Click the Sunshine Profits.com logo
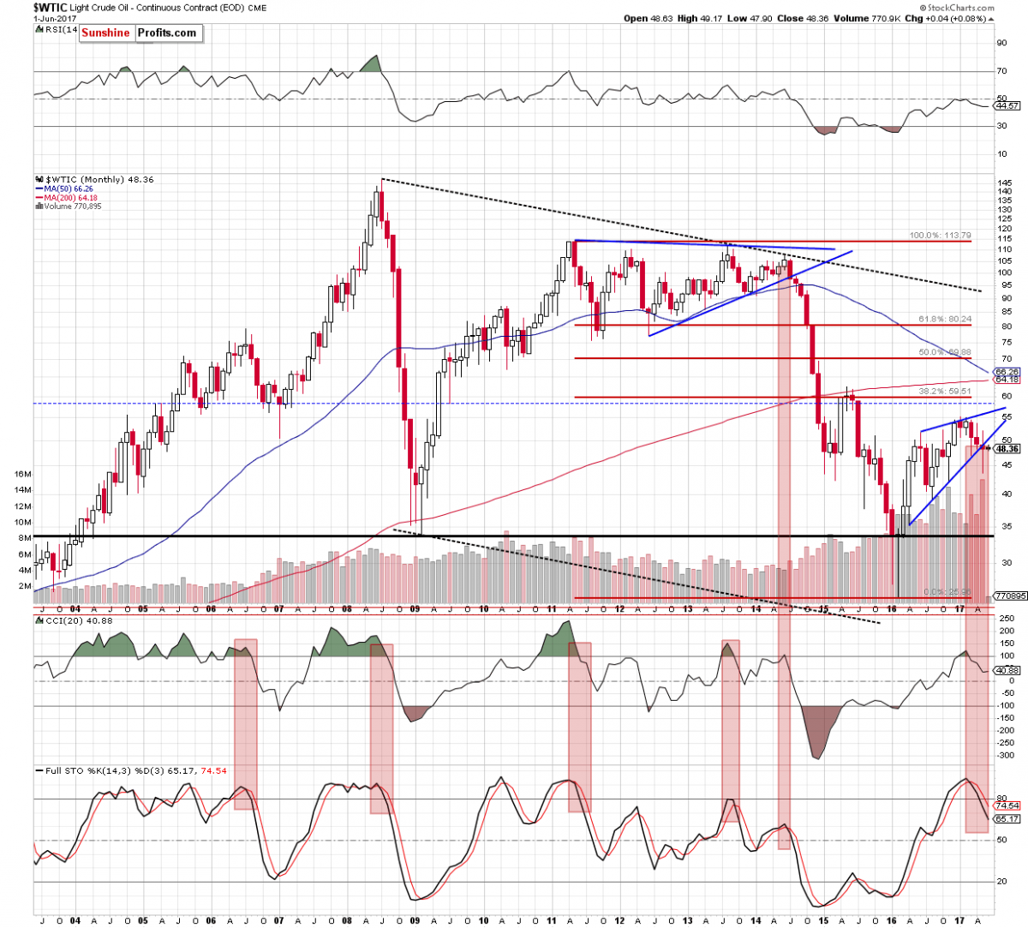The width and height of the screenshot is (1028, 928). (139, 33)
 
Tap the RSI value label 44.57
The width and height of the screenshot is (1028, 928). (1006, 106)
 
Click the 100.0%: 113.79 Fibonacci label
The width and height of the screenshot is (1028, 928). (940, 235)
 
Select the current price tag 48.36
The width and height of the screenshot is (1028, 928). (1007, 448)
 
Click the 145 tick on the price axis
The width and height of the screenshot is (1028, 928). (1004, 183)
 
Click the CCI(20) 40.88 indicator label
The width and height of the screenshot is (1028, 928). (69, 621)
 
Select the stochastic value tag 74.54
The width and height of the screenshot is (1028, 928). (1007, 806)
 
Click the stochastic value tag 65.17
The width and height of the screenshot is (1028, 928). (1007, 819)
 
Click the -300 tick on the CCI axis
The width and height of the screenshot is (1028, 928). (1005, 756)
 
